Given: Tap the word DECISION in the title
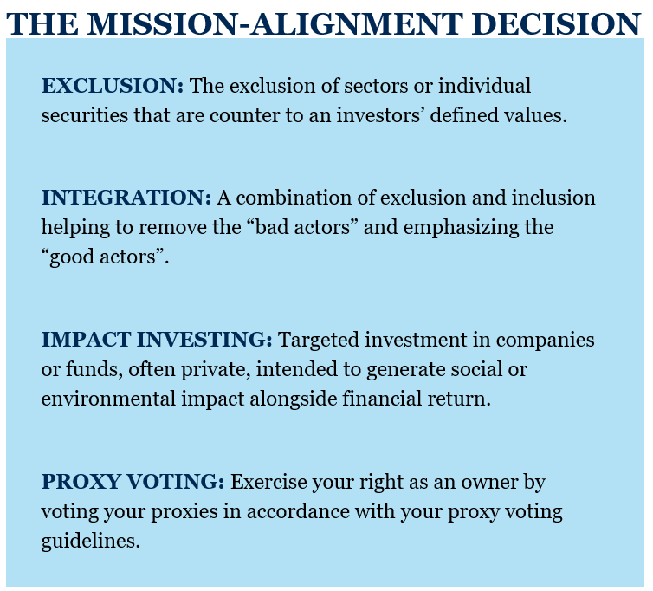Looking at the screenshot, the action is [x=556, y=23].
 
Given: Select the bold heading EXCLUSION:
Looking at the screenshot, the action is [x=113, y=86].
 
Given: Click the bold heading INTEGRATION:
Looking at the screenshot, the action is [x=126, y=198].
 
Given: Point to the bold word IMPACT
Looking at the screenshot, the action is [x=87, y=340].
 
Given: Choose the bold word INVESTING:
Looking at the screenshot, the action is [x=204, y=340].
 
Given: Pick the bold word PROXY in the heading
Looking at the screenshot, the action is [x=81, y=482].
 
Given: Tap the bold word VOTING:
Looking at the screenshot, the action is [x=175, y=482].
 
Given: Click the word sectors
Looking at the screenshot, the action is [x=376, y=87].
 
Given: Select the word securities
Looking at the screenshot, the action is [x=85, y=115].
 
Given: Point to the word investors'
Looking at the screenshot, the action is [x=380, y=115].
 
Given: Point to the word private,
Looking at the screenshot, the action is [x=216, y=370].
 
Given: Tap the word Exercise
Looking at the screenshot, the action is [x=268, y=482].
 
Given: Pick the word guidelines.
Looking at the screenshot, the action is [x=90, y=542].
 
